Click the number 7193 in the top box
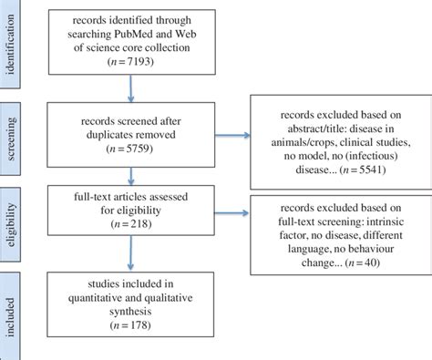pos(139,61)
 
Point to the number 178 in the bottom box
pos(139,325)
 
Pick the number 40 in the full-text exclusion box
pos(370,262)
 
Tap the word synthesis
pos(130,312)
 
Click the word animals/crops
pos(303,142)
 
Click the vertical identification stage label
pos(10,45)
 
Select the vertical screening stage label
pos(10,139)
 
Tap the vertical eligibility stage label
pos(10,224)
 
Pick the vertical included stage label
pos(10,317)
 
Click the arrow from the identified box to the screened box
pos(131,88)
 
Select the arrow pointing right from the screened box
pos(232,135)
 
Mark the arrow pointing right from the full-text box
pos(231,212)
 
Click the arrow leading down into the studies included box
pos(130,252)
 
